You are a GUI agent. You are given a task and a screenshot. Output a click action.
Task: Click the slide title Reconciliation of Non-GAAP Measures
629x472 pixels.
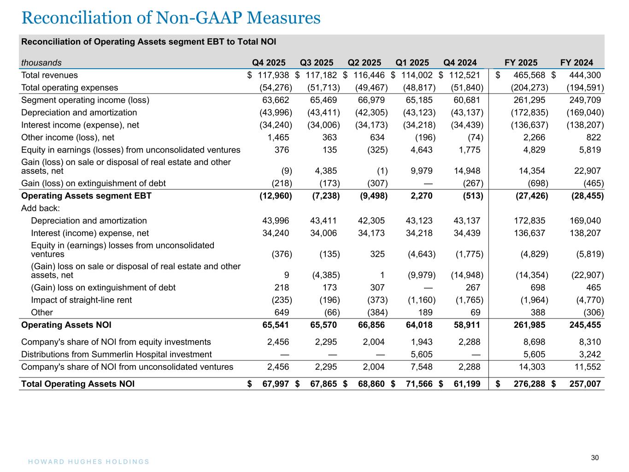[170, 18]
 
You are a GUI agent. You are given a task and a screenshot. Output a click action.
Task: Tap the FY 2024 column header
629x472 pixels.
[576, 63]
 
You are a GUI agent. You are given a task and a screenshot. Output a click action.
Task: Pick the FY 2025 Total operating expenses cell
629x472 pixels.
[529, 88]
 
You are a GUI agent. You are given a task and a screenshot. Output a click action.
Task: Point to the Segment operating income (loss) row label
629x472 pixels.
[85, 100]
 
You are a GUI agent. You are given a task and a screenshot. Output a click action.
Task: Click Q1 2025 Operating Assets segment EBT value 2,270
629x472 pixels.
[421, 196]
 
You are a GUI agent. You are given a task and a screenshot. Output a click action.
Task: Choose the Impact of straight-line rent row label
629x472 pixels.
[81, 300]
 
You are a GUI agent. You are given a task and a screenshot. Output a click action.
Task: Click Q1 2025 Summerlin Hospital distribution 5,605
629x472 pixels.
[421, 354]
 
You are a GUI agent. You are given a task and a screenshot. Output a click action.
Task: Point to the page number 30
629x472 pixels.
[595, 458]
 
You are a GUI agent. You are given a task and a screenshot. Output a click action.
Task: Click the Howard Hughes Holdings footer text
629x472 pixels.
[86, 461]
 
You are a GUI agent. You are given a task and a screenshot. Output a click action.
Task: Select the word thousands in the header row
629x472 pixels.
[41, 63]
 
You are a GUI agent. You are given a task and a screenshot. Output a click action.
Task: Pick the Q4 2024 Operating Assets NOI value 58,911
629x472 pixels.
[467, 325]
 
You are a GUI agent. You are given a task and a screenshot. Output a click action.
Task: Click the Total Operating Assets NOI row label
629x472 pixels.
[78, 384]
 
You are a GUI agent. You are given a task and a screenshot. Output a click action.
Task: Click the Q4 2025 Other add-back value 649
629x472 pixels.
[282, 313]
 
